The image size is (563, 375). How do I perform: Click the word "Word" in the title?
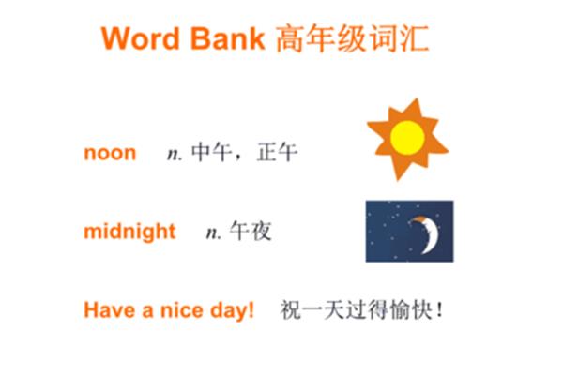click(x=140, y=38)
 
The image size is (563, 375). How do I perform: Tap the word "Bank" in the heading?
click(x=227, y=38)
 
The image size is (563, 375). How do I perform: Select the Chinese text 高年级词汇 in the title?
click(x=353, y=38)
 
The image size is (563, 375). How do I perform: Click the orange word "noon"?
click(x=110, y=153)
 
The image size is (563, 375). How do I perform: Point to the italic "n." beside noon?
click(x=175, y=155)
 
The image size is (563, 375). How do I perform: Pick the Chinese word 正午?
click(x=278, y=152)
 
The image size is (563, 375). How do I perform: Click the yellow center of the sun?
click(x=407, y=138)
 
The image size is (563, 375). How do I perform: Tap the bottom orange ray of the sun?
click(x=398, y=170)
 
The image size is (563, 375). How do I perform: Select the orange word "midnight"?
click(x=129, y=232)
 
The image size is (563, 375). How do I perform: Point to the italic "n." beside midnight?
click(x=214, y=233)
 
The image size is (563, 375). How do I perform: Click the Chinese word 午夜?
click(x=251, y=231)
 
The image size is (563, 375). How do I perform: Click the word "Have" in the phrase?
click(x=110, y=310)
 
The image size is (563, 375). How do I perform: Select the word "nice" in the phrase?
click(x=181, y=310)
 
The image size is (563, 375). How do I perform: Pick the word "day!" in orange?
click(x=232, y=310)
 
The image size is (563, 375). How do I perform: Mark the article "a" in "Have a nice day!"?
click(x=148, y=311)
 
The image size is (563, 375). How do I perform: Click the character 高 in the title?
click(x=290, y=38)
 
